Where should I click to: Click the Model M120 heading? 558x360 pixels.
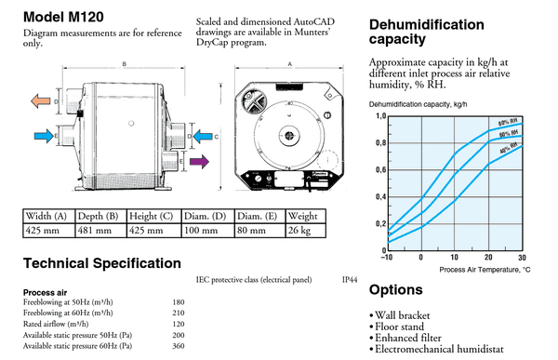click(x=62, y=18)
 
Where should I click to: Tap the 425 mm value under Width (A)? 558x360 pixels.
click(x=43, y=231)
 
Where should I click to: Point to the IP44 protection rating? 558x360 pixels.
click(x=348, y=278)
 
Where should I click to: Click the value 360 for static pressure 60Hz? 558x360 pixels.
click(x=179, y=345)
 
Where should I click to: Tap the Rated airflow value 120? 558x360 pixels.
click(x=179, y=324)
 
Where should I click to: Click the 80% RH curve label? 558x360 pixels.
click(x=508, y=122)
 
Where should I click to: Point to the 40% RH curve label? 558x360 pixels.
click(x=508, y=149)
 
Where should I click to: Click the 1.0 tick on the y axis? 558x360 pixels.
click(x=379, y=116)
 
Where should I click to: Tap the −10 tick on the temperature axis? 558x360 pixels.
click(x=388, y=258)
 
